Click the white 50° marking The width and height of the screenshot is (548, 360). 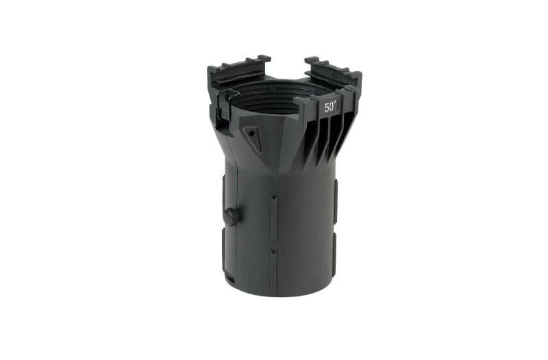[x=330, y=107]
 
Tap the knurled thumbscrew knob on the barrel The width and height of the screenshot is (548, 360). [x=232, y=216]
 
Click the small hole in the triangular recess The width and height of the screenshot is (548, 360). [x=250, y=133]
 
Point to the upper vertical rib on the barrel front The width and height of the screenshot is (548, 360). [x=274, y=218]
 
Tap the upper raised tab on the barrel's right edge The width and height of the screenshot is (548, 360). [x=335, y=201]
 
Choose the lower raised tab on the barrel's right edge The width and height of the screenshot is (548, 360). [x=334, y=253]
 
